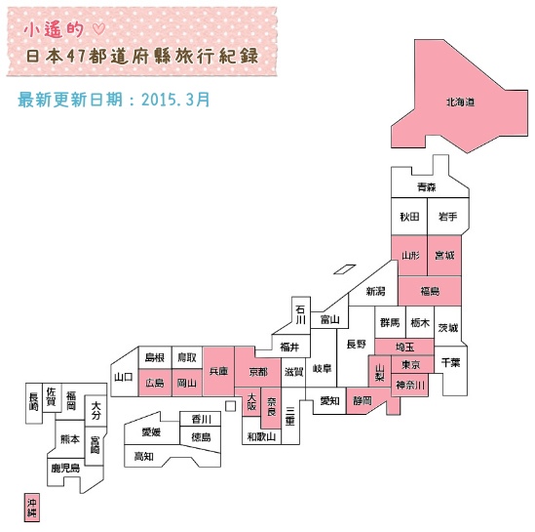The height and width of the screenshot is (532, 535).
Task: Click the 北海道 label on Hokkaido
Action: click(460, 102)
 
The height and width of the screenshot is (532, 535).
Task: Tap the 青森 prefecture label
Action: click(426, 186)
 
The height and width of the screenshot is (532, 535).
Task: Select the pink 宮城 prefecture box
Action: click(444, 255)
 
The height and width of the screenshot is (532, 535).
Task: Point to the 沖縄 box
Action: click(32, 508)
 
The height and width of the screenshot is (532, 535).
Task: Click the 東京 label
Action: click(411, 364)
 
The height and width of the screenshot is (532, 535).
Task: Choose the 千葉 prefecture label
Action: click(451, 362)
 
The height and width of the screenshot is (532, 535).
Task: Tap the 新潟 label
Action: click(375, 292)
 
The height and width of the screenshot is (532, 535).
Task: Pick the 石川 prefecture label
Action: click(300, 314)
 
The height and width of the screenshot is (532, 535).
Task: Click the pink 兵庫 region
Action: click(218, 371)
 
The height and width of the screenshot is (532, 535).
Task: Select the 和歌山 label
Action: click(261, 436)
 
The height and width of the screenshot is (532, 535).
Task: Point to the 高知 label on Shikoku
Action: click(143, 456)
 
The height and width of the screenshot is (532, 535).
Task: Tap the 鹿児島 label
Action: click(65, 468)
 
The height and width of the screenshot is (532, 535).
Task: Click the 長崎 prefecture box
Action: click(34, 403)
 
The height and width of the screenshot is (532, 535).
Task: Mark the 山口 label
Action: click(123, 377)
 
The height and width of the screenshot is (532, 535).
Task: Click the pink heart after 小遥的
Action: click(99, 29)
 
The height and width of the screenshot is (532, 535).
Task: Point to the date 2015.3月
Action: click(175, 100)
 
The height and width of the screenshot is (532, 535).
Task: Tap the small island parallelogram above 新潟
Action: click(345, 269)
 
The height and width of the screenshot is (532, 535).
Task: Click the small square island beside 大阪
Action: click(231, 406)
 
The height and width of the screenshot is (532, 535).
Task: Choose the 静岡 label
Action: click(362, 400)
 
